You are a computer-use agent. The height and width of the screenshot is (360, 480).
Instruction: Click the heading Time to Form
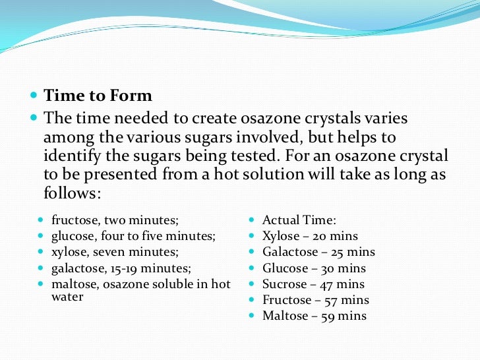pos(98,96)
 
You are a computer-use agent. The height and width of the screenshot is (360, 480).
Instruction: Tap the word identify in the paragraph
pos(72,157)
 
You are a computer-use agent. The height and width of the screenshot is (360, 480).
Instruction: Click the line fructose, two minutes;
pos(115,220)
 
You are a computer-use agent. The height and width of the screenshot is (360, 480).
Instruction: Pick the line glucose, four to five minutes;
pos(134,236)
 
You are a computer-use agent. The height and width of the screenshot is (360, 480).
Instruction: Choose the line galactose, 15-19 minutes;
pos(121,268)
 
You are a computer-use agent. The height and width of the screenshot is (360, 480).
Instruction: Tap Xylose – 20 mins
pos(310,236)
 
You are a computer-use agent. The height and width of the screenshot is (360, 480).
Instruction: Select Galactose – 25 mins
pos(318,252)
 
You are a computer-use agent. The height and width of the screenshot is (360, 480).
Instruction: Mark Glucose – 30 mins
pos(314,268)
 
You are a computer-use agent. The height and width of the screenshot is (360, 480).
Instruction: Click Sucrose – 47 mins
pos(313,284)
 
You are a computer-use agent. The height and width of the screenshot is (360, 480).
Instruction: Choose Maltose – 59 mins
pos(315,316)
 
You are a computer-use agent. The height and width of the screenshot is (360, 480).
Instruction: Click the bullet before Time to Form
pos(34,96)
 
